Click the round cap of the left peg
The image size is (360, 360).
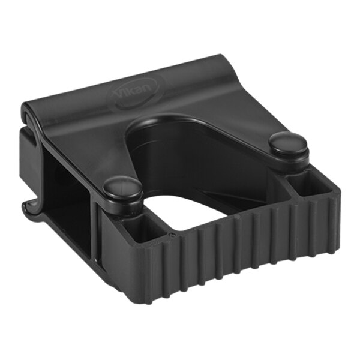[x=121, y=188]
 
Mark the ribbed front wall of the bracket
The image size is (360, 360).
[x=240, y=252]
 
